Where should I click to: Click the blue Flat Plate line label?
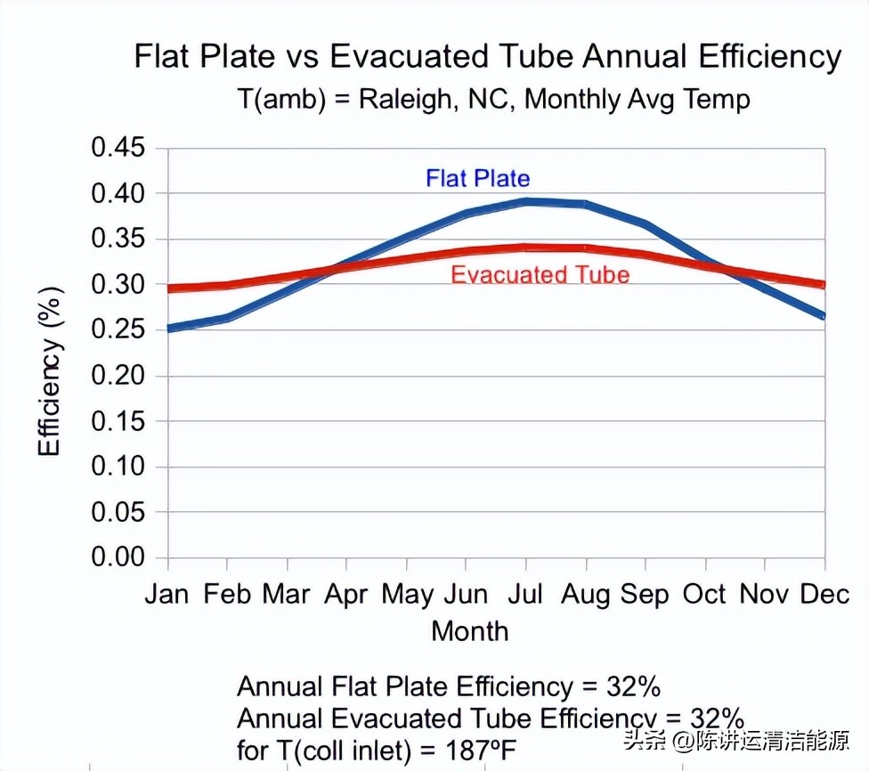tap(477, 178)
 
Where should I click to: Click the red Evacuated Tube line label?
tap(540, 274)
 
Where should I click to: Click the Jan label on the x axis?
tap(167, 594)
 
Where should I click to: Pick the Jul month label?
tap(526, 594)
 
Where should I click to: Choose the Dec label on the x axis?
tap(824, 594)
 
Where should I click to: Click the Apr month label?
tap(346, 594)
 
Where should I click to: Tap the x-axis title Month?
tap(470, 631)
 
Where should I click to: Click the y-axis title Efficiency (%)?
tap(51, 370)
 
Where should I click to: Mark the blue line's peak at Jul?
tap(527, 201)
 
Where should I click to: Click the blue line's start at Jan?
tap(169, 329)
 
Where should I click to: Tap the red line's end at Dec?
tap(823, 285)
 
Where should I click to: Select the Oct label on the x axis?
tap(705, 594)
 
